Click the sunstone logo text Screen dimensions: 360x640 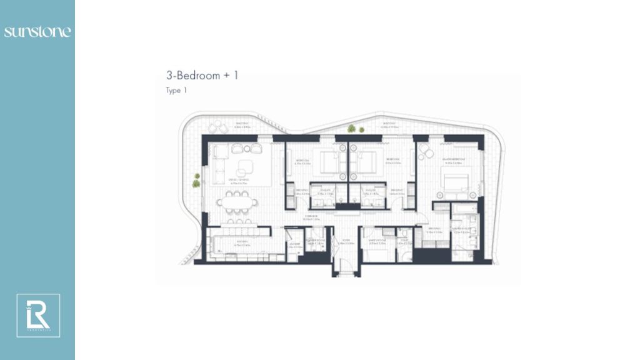tap(37, 31)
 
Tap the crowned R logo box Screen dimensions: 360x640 tap(38, 316)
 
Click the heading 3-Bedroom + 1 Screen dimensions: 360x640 tap(202, 76)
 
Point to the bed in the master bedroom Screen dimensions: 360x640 tap(455, 182)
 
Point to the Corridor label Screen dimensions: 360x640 tap(312, 217)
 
